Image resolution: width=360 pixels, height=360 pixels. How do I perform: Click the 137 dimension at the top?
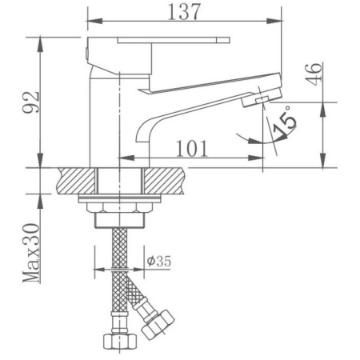184,12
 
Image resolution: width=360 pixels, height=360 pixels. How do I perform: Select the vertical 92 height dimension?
30,103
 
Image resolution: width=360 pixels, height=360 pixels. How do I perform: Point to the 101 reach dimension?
192,148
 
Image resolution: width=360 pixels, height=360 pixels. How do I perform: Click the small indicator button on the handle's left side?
86,52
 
